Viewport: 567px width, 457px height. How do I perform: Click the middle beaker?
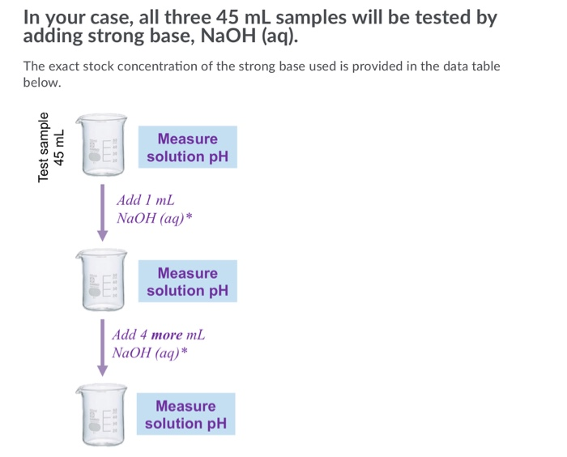pyautogui.click(x=102, y=280)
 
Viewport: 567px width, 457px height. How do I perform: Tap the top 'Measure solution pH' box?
pyautogui.click(x=187, y=147)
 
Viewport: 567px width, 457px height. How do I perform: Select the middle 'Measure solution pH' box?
pyautogui.click(x=187, y=281)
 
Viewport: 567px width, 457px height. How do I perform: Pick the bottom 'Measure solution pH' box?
pyautogui.click(x=185, y=414)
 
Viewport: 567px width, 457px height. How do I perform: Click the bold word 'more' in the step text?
pyautogui.click(x=167, y=335)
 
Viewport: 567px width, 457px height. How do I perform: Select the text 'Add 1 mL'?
pyautogui.click(x=146, y=200)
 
